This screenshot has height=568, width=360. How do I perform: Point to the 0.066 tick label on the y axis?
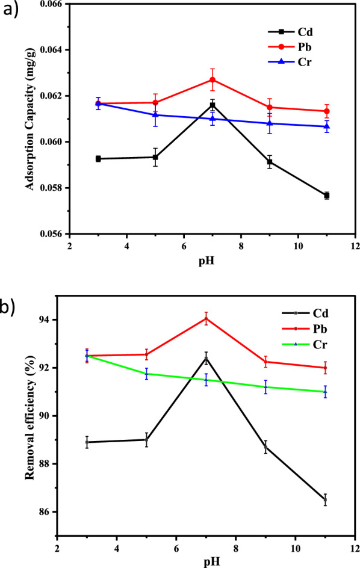(x=52, y=4)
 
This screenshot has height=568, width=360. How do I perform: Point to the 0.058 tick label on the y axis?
(x=52, y=188)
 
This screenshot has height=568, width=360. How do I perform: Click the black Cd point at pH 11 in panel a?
(x=326, y=196)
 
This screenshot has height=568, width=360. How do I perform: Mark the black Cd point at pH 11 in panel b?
(x=325, y=499)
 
